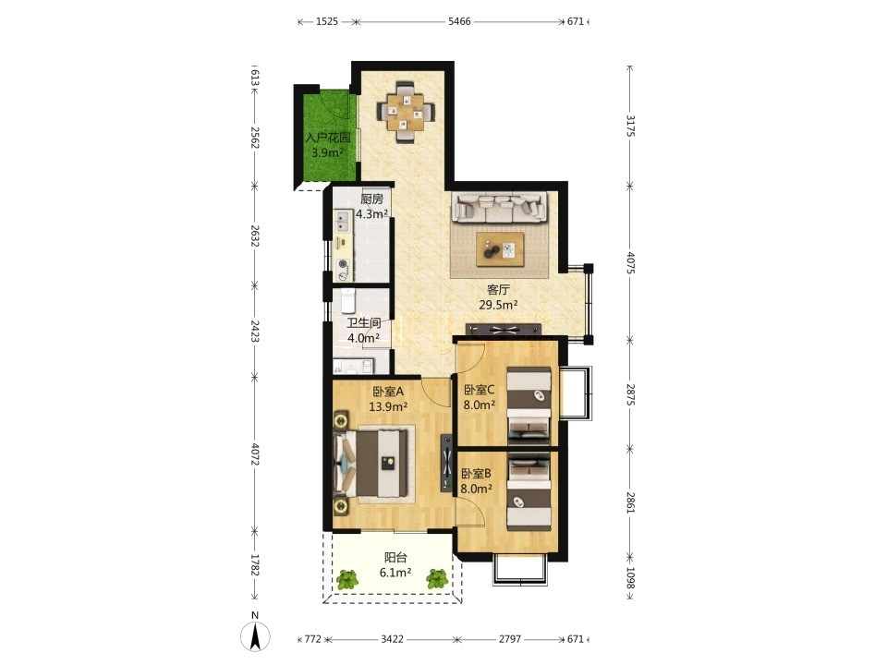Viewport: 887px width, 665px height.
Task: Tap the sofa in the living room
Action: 500,208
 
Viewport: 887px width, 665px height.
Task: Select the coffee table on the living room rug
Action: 500,248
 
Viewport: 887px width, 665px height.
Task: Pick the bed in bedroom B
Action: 529,493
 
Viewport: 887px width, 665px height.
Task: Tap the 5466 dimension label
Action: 459,21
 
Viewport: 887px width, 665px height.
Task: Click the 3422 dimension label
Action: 392,639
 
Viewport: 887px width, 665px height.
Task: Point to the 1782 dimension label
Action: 254,565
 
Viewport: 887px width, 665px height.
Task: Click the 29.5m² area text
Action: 499,306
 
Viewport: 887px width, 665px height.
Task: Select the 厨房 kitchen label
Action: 371,199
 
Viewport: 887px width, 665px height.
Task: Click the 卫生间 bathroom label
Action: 363,323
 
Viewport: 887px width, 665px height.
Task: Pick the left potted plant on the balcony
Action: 346,579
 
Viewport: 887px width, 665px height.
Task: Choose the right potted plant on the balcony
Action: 437,579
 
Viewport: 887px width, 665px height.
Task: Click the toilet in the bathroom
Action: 348,301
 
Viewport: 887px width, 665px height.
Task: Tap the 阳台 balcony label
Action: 395,558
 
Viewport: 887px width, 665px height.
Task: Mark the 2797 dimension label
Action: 510,639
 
